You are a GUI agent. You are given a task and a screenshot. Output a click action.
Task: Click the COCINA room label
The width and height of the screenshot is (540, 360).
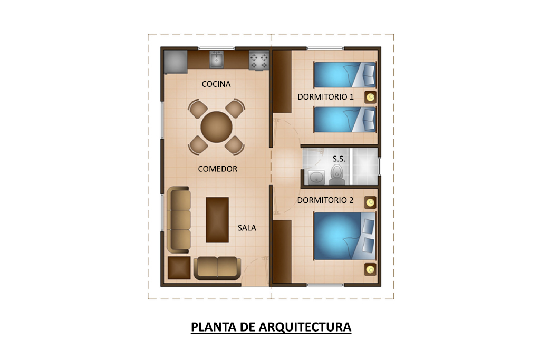tap(216, 84)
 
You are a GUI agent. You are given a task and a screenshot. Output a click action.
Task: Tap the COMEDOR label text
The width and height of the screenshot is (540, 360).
tap(218, 169)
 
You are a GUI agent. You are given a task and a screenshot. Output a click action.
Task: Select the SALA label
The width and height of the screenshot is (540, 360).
tap(247, 228)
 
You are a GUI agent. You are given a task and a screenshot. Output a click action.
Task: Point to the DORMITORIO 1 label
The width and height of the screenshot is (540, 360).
tap(325, 97)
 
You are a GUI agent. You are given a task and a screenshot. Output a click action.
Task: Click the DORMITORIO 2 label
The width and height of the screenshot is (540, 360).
tap(325, 200)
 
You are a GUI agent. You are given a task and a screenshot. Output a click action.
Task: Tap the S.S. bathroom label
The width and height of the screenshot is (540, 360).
tap(339, 159)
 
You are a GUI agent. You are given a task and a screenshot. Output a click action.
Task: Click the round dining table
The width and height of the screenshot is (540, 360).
tap(217, 127)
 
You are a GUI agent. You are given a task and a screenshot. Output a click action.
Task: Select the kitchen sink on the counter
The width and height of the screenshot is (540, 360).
tap(216, 60)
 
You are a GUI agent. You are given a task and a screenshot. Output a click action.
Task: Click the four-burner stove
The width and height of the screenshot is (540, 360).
tap(259, 61)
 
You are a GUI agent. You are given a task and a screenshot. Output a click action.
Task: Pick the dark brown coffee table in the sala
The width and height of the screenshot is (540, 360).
tap(217, 220)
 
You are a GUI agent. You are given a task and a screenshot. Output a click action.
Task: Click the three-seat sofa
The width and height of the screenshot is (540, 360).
tap(179, 220)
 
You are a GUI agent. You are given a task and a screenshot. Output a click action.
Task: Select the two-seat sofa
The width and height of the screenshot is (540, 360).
tap(217, 268)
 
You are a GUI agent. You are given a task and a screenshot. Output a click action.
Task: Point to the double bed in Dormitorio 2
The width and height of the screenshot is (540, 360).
tap(344, 236)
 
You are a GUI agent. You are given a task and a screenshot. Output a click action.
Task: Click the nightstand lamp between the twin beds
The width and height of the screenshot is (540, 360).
tap(371, 98)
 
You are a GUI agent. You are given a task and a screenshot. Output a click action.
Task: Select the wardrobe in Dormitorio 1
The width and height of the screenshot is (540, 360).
tap(283, 82)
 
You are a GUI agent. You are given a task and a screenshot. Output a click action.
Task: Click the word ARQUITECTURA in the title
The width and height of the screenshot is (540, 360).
tap(305, 327)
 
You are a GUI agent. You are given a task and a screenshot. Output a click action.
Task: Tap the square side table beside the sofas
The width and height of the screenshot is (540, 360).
tap(179, 268)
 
